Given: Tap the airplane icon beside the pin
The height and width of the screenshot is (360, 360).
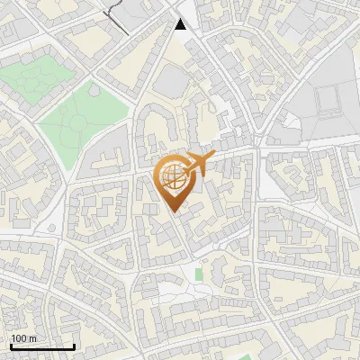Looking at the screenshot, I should [x=200, y=164].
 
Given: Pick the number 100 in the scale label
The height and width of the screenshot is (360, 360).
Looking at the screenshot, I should [x=19, y=338].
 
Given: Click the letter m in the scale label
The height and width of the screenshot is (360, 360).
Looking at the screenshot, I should [x=32, y=338].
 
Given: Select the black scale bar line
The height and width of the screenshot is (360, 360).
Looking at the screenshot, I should [x=41, y=346].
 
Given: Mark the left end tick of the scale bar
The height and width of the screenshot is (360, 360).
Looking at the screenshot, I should [x=10, y=345].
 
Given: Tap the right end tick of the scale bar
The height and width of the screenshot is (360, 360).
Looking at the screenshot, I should [x=74, y=345].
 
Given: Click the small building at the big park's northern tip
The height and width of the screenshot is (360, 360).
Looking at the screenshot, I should [x=93, y=89].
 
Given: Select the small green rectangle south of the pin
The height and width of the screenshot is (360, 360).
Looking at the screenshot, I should [x=199, y=274].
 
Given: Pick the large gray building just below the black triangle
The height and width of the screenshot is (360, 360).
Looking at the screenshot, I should [x=170, y=81].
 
